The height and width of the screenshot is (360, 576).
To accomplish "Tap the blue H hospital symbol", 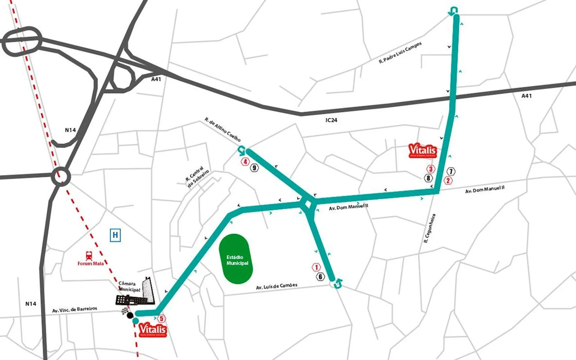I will (x=115, y=235).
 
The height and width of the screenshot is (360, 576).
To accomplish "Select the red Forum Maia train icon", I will (x=89, y=256).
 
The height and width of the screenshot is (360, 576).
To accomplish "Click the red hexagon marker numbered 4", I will (x=245, y=162).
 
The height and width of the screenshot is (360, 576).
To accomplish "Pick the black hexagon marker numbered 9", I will (x=254, y=168).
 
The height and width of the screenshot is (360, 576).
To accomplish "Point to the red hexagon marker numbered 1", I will (x=316, y=267).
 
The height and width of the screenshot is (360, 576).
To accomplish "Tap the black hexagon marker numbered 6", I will (x=320, y=277).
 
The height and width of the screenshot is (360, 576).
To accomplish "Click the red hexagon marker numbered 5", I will (x=161, y=318).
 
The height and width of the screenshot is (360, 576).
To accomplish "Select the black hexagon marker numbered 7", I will (x=451, y=172).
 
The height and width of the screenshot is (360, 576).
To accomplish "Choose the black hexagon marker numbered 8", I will (x=428, y=178).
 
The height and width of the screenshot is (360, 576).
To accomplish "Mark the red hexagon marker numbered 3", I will (x=431, y=169).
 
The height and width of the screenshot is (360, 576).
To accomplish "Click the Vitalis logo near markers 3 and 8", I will (x=423, y=151).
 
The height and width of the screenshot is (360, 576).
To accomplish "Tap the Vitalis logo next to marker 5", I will (x=152, y=329).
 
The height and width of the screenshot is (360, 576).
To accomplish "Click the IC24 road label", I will (x=331, y=120).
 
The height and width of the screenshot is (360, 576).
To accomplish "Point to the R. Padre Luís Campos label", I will (x=400, y=53).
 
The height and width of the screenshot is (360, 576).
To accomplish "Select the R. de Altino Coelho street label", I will (x=223, y=130).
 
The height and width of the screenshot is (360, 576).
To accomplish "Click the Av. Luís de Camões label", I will (x=276, y=286).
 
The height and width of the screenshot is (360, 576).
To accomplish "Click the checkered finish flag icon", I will (x=124, y=311).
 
